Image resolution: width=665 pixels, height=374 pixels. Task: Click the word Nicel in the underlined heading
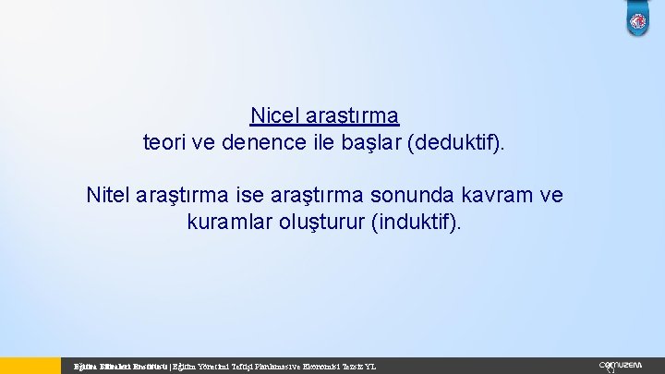pyautogui.click(x=272, y=116)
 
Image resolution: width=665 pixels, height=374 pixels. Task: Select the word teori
pyautogui.click(x=164, y=143)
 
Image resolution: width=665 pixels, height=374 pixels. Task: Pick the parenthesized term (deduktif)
pyautogui.click(x=466, y=143)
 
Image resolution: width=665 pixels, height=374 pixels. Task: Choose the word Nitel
pyautogui.click(x=108, y=196)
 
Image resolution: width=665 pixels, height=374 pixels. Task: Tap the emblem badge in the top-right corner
pyautogui.click(x=638, y=21)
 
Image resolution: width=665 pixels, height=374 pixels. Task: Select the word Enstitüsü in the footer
pyautogui.click(x=148, y=367)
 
